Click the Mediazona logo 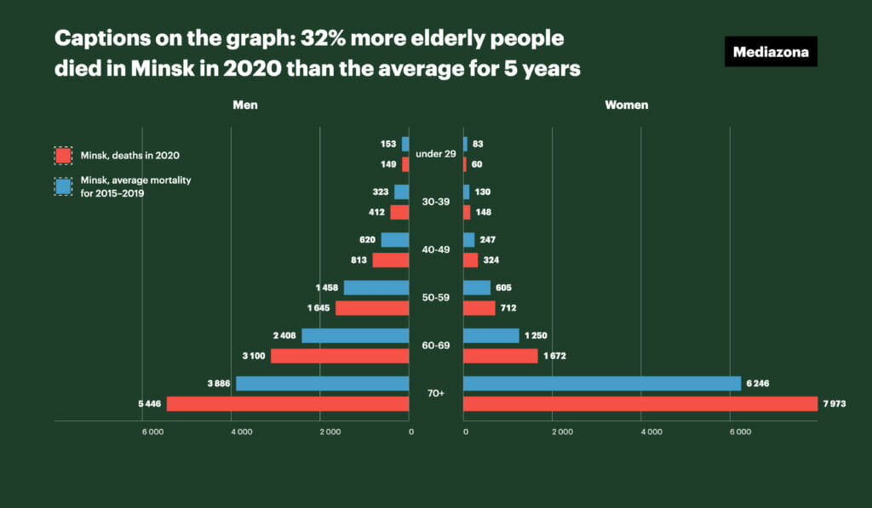pos(771,52)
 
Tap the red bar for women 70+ pos(640,403)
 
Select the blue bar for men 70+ pos(323,384)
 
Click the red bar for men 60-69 pos(340,356)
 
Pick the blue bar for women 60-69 pos(490,335)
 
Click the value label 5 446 pos(148,403)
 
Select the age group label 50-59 pos(436,297)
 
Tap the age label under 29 pos(436,154)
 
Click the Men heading pos(245,105)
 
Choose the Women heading pos(626,105)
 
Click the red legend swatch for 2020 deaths pos(63,156)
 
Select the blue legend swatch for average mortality pos(63,186)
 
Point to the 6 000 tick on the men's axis pos(152,433)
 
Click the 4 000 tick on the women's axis pos(651,433)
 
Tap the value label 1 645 pos(318,308)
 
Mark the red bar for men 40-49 pos(391,260)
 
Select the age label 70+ pos(436,393)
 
